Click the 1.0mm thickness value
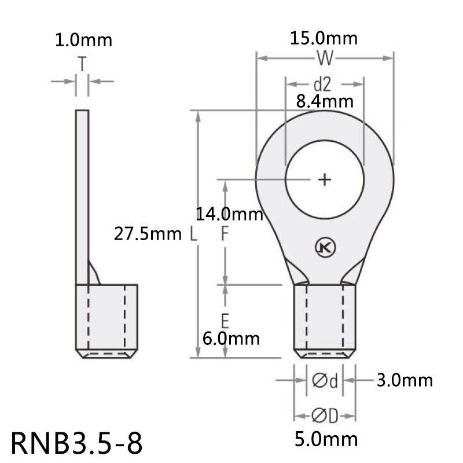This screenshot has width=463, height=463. tap(83, 41)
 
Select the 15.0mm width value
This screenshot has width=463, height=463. tap(325, 39)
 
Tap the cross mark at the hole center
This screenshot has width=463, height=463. tap(325, 179)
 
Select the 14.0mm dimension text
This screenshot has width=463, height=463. tap(229, 215)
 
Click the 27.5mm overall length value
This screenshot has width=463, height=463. tap(148, 234)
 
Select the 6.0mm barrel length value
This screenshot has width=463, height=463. tap(230, 338)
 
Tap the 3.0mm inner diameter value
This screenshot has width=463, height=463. tap(405, 380)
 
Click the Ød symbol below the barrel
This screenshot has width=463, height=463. tap(325, 380)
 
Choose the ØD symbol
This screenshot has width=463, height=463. tap(325, 416)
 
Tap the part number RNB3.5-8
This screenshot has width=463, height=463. tap(75, 443)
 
